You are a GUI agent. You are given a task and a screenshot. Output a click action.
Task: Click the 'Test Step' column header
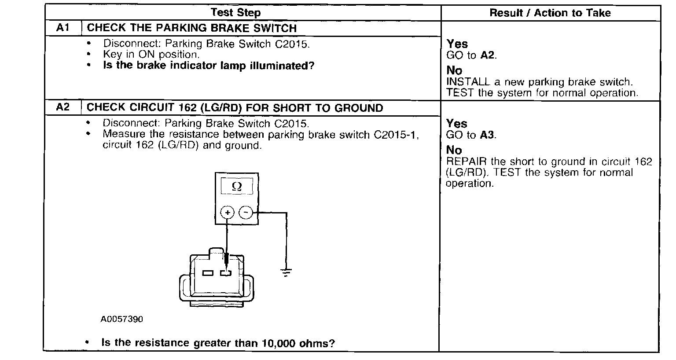pos(235,13)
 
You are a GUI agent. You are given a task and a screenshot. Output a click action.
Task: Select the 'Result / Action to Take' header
pos(550,13)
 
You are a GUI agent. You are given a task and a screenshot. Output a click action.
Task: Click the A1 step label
pos(63,28)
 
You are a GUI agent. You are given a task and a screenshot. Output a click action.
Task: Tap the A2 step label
pos(63,108)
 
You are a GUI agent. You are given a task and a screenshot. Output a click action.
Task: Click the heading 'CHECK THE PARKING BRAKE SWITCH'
pos(192,28)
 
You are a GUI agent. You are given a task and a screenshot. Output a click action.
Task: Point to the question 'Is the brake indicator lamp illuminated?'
pos(209,66)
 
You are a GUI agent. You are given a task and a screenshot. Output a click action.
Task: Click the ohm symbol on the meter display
pos(236,187)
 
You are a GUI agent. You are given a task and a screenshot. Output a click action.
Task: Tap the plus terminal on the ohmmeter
pos(227,213)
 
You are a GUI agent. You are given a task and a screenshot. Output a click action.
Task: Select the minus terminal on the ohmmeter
pos(246,213)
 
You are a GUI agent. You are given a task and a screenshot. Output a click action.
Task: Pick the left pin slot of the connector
pos(207,273)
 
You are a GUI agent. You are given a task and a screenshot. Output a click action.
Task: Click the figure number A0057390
pos(121,320)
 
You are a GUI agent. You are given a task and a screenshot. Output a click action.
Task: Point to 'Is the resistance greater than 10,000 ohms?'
pos(218,343)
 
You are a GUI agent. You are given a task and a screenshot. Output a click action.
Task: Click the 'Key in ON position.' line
pos(151,55)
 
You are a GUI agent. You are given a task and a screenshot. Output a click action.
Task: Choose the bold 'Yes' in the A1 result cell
pos(457,44)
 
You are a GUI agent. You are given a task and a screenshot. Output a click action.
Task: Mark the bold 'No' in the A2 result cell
pos(454,150)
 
